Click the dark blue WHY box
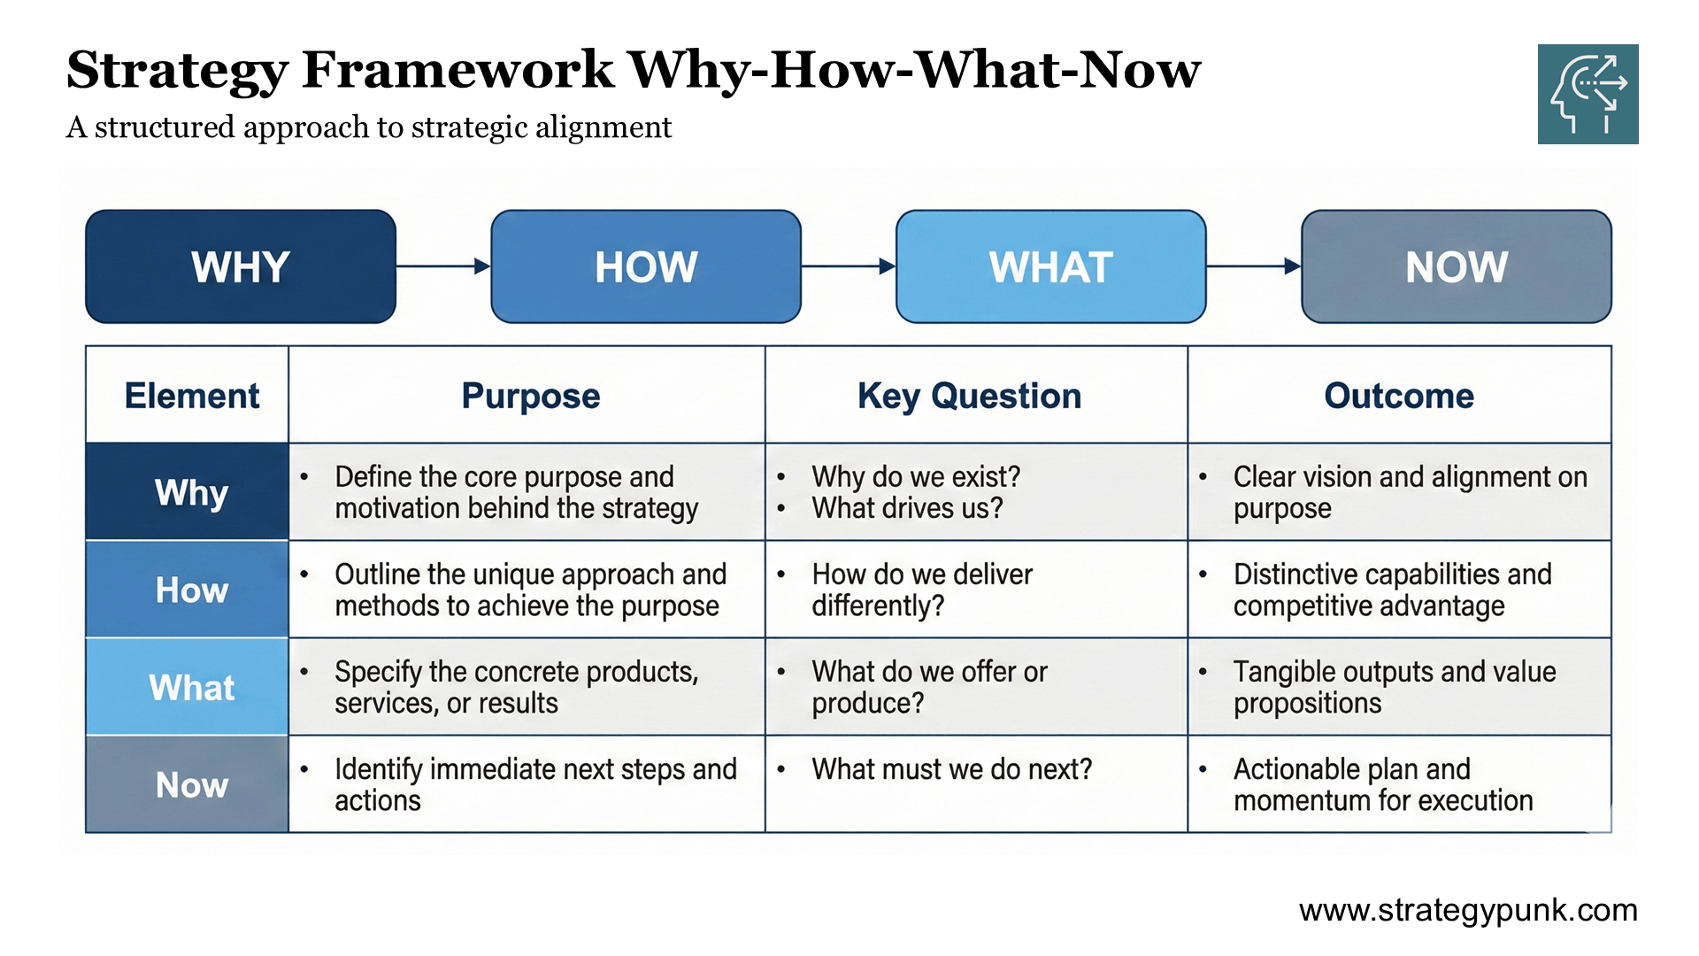(x=240, y=266)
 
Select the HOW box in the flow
(x=646, y=266)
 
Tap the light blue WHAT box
(x=1050, y=266)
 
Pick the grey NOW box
(x=1456, y=266)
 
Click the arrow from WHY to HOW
(x=442, y=266)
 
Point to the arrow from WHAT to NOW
(x=1253, y=266)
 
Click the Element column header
(x=191, y=396)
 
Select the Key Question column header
(x=969, y=396)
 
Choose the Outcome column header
(x=1398, y=396)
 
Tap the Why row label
(x=191, y=492)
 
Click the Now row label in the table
(x=191, y=784)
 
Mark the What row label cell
(x=191, y=687)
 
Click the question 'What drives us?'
(x=907, y=509)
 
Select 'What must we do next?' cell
(x=951, y=769)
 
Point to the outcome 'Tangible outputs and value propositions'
(x=1394, y=687)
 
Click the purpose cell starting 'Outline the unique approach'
(x=529, y=590)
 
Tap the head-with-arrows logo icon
(x=1588, y=94)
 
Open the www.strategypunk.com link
(x=1468, y=910)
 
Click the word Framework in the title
(x=457, y=70)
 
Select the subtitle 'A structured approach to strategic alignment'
(x=369, y=127)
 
